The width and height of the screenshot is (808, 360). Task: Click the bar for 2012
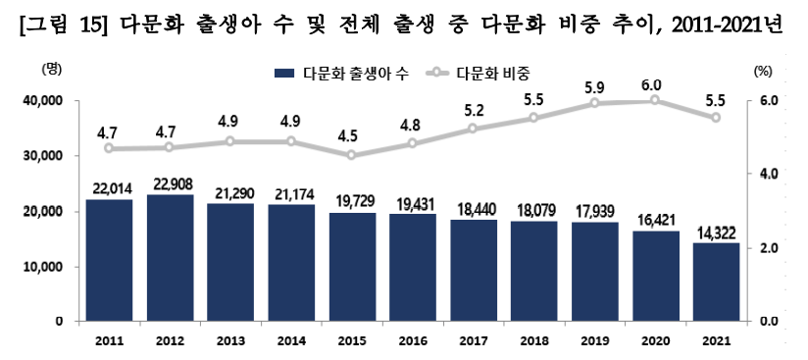tap(170, 258)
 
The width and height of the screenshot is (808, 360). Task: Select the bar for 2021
tap(716, 283)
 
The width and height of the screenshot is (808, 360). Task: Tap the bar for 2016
tap(412, 268)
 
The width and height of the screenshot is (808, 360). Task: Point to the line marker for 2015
tap(351, 155)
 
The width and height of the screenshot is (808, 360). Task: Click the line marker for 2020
tap(655, 99)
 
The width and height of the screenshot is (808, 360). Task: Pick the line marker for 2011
tap(109, 148)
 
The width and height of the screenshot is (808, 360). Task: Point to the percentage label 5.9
tap(594, 85)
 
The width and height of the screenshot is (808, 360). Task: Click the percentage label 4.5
tap(351, 136)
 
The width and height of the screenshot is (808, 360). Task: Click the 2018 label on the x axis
tap(533, 341)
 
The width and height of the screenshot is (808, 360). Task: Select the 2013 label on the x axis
tap(229, 341)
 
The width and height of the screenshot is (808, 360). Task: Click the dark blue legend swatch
tap(284, 74)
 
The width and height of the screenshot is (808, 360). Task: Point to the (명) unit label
tap(51, 69)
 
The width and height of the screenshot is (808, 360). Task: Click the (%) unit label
tap(763, 72)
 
